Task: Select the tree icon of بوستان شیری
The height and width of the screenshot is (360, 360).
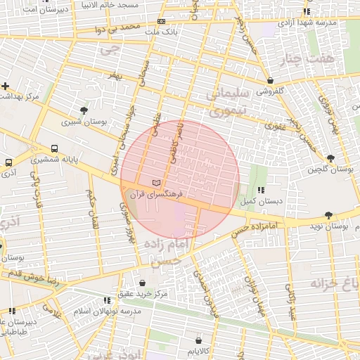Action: pyautogui.click(x=84, y=110)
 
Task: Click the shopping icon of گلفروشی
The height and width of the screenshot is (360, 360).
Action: pyautogui.click(x=271, y=80)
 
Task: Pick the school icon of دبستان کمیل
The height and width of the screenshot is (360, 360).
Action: pyautogui.click(x=261, y=190)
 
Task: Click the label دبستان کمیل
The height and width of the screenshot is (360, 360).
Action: pyautogui.click(x=258, y=201)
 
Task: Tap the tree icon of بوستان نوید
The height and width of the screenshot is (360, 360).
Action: pyautogui.click(x=328, y=215)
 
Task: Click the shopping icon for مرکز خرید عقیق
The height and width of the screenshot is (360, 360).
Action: pyautogui.click(x=143, y=283)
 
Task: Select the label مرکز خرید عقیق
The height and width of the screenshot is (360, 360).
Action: pyautogui.click(x=143, y=294)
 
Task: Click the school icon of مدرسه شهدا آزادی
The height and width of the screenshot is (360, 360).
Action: pyautogui.click(x=306, y=12)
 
